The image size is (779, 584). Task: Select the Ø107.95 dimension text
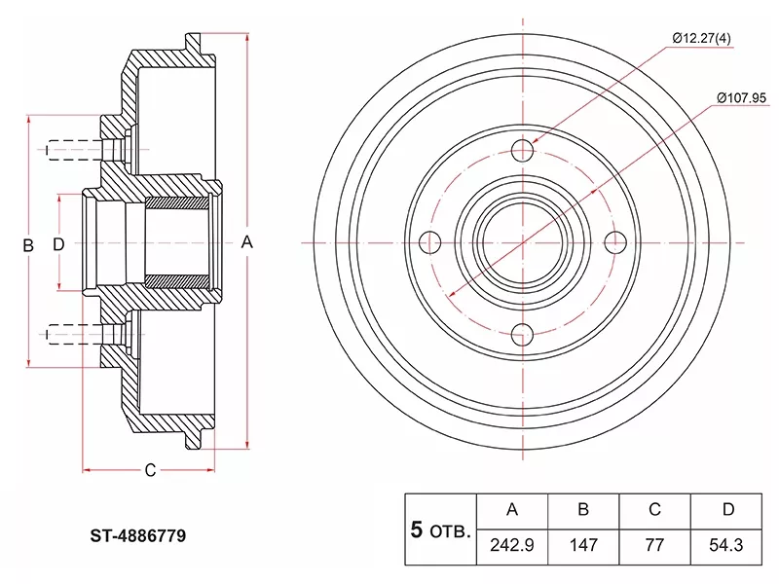742,97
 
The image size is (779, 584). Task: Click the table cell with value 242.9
512,544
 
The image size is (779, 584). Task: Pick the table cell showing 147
583,544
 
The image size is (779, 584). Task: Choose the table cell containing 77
655,544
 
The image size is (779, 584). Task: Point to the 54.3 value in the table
727,544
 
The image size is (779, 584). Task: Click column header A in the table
512,509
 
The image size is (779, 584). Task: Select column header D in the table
727,509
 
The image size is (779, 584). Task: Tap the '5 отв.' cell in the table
441,529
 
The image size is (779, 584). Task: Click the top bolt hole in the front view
524,150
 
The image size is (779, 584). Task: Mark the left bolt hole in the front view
429,241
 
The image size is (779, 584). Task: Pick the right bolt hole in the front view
615,241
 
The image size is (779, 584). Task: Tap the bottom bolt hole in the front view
524,334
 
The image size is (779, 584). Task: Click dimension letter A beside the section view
247,242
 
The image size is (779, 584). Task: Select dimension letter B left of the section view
28,245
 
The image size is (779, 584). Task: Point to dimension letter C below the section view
150,471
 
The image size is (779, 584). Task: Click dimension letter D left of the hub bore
58,244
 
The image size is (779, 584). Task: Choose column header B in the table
583,509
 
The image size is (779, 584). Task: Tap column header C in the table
655,509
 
